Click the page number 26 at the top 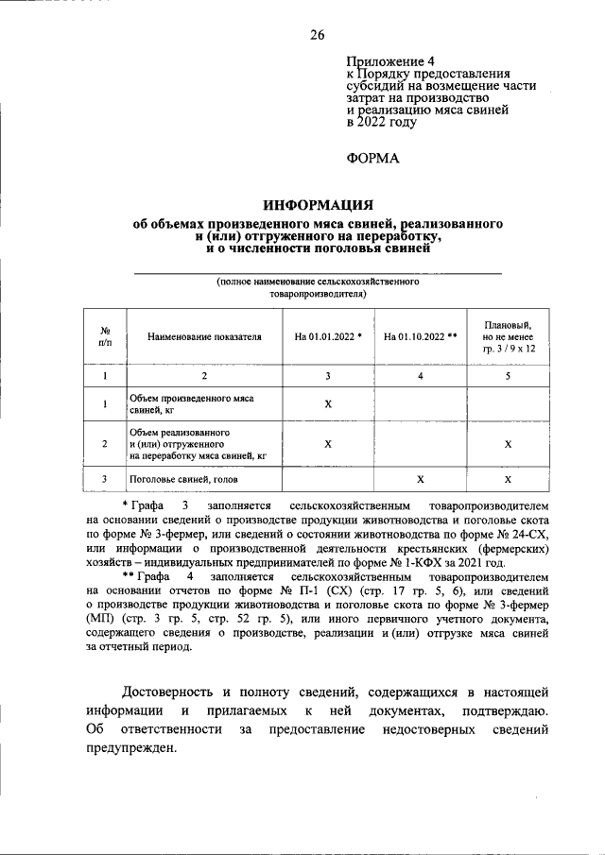(x=317, y=35)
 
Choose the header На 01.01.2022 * (x=328, y=336)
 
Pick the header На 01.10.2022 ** (x=421, y=336)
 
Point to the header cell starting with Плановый (x=508, y=335)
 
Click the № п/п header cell (x=106, y=336)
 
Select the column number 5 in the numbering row (x=508, y=376)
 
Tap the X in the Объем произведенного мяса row (x=328, y=404)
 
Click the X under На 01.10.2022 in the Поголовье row (x=421, y=479)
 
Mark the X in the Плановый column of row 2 (x=508, y=442)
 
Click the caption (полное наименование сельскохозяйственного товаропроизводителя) (x=318, y=287)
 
